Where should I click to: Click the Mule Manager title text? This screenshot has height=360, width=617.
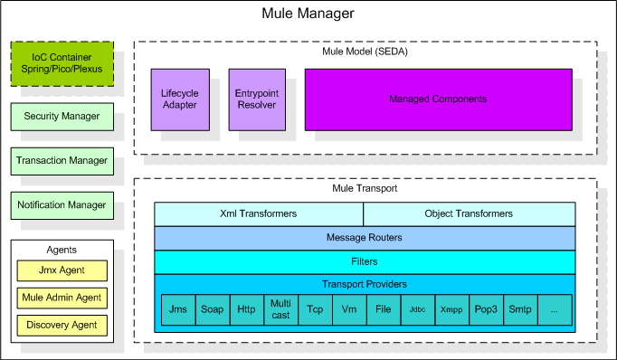308,14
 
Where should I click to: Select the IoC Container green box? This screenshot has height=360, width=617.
62,63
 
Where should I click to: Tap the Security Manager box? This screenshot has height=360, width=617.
62,117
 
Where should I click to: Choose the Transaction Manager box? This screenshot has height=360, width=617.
62,161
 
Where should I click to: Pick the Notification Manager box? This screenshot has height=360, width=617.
62,205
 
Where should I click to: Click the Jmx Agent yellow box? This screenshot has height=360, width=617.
62,270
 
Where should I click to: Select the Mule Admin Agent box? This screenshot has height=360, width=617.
62,298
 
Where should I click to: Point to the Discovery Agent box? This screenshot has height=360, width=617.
62,326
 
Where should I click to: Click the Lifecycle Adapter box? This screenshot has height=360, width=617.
180,99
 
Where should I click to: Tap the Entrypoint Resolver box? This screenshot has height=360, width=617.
257,99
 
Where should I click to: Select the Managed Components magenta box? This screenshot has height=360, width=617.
439,99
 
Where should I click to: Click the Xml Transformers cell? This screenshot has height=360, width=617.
259,214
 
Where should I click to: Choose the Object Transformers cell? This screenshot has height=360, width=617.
470,214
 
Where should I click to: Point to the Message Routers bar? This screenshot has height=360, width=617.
365,238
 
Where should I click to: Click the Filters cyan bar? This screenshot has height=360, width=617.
365,262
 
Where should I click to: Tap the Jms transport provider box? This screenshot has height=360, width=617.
178,310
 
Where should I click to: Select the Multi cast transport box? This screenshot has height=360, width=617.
281,310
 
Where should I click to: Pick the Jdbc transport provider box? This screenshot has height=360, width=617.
418,310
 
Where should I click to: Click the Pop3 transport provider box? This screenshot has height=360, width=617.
487,310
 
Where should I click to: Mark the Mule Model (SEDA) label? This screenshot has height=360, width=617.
365,52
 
